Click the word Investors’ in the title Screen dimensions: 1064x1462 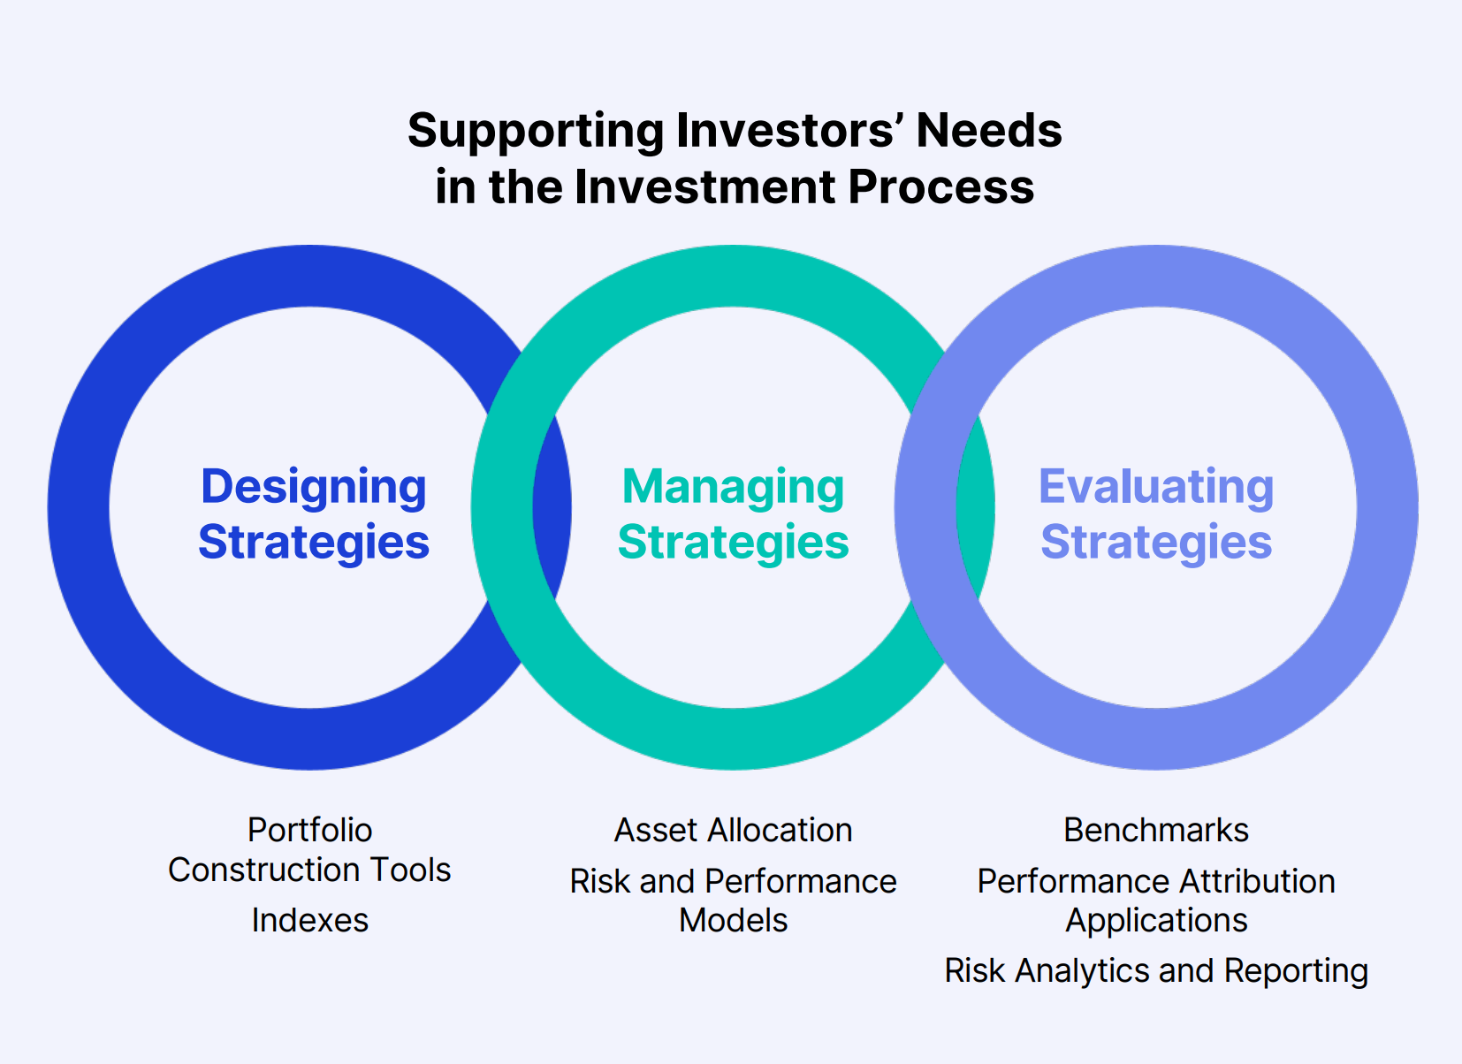tap(788, 131)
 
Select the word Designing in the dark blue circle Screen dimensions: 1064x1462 tap(313, 487)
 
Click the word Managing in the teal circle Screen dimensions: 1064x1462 tap(733, 487)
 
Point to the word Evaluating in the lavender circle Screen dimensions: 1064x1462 tap(1156, 487)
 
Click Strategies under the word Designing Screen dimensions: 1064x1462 tap(313, 542)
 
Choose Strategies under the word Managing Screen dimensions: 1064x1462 tap(733, 542)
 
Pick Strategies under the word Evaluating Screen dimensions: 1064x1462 tap(1156, 542)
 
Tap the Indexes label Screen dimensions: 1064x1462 tap(309, 920)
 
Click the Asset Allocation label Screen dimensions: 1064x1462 tap(733, 830)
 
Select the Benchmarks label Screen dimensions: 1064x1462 tap(1156, 830)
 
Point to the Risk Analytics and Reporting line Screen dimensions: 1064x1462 tap(1156, 970)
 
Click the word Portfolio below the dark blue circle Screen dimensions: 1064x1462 tap(309, 830)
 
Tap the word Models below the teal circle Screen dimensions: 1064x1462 tap(733, 920)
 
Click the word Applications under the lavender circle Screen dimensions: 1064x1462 tap(1156, 920)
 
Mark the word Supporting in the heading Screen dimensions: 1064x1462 tap(536, 131)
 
